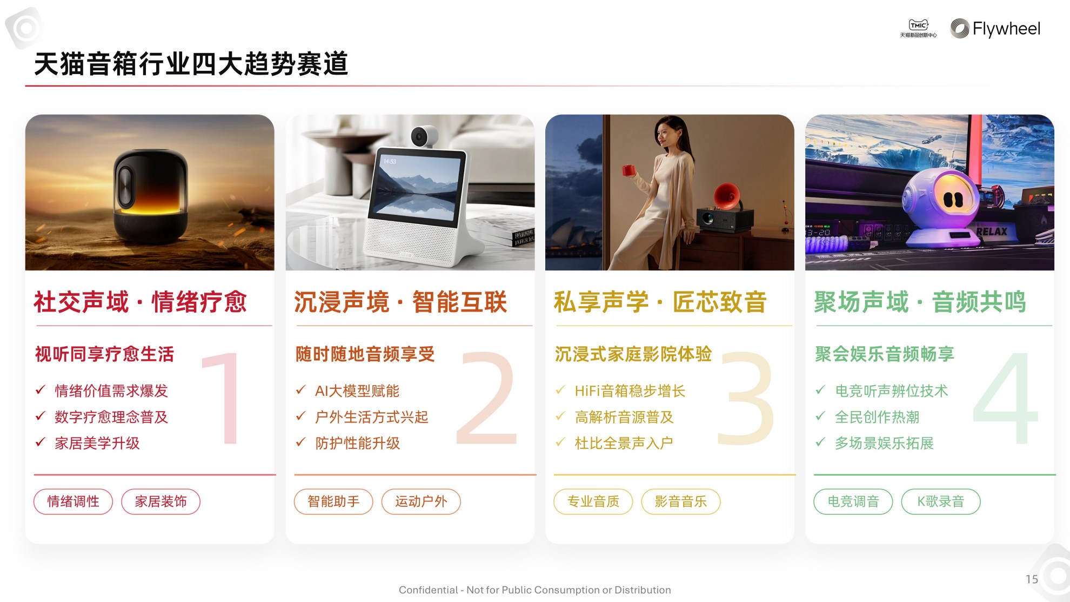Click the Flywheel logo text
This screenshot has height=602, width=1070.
point(1006,29)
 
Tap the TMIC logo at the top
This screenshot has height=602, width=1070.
point(918,28)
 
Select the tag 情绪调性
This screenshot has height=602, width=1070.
point(73,501)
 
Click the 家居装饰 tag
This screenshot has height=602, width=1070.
point(160,501)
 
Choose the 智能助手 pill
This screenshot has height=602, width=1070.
point(333,501)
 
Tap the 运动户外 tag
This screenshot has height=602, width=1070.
point(421,501)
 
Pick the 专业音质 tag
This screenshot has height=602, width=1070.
point(593,501)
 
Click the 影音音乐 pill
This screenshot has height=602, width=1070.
point(681,501)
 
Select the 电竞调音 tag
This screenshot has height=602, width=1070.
point(853,501)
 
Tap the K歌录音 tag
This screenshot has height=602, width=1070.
point(941,501)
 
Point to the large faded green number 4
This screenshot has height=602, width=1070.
point(1006,399)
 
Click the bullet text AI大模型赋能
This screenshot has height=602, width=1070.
point(357,391)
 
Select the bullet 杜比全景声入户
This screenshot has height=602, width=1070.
point(624,444)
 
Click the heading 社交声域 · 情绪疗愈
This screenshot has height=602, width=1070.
point(141,302)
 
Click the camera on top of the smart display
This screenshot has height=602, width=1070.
point(424,136)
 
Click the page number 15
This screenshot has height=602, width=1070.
point(1032,579)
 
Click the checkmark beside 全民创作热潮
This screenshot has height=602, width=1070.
point(820,416)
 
